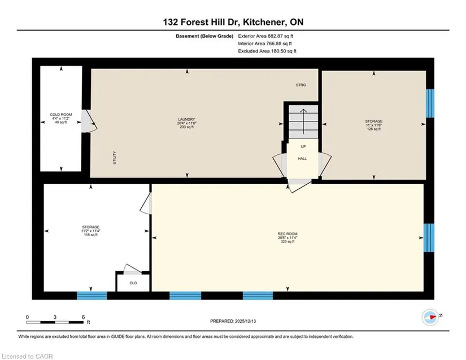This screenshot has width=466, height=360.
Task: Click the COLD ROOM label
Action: click(61, 115)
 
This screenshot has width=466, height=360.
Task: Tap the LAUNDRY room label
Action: click(186, 119)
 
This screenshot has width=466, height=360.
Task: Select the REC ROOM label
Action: click(288, 233)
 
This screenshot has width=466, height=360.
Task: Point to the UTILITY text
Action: click(115, 158)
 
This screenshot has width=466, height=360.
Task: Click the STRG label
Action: click(300, 85)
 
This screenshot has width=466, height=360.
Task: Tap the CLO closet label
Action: click(133, 283)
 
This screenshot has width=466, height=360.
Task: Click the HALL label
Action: click(302, 159)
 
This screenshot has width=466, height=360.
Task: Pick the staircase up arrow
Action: click(303, 122)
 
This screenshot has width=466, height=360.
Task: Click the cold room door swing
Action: click(89, 121)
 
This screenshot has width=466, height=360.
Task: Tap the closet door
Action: click(132, 269)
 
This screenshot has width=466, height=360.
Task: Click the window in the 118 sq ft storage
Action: click(92, 296)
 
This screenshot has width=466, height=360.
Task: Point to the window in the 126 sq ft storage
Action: click(430, 103)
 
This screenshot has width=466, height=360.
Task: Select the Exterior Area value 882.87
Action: click(276, 36)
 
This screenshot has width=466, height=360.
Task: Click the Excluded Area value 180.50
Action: click(279, 51)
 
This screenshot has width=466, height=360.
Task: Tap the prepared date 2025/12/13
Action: click(246, 322)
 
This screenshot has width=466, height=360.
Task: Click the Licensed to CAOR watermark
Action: click(27, 357)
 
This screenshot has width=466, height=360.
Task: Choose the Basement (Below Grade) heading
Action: click(204, 36)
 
